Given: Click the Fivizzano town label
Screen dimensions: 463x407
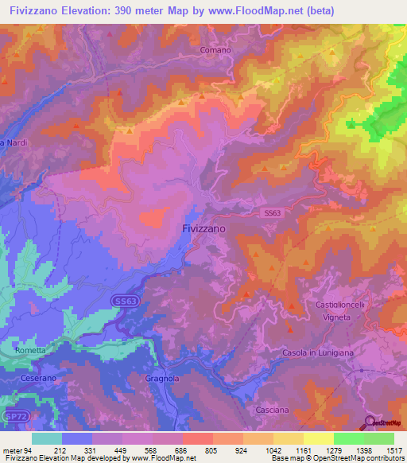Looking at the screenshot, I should pos(200,228).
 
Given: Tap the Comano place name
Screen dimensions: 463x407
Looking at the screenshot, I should pos(215,50).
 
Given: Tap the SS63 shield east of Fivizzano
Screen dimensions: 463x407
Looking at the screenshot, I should pos(273,213).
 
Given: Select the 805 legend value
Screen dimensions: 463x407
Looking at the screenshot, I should pos(211,450).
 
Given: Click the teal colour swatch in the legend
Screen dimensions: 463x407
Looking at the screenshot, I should pos(47,438).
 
